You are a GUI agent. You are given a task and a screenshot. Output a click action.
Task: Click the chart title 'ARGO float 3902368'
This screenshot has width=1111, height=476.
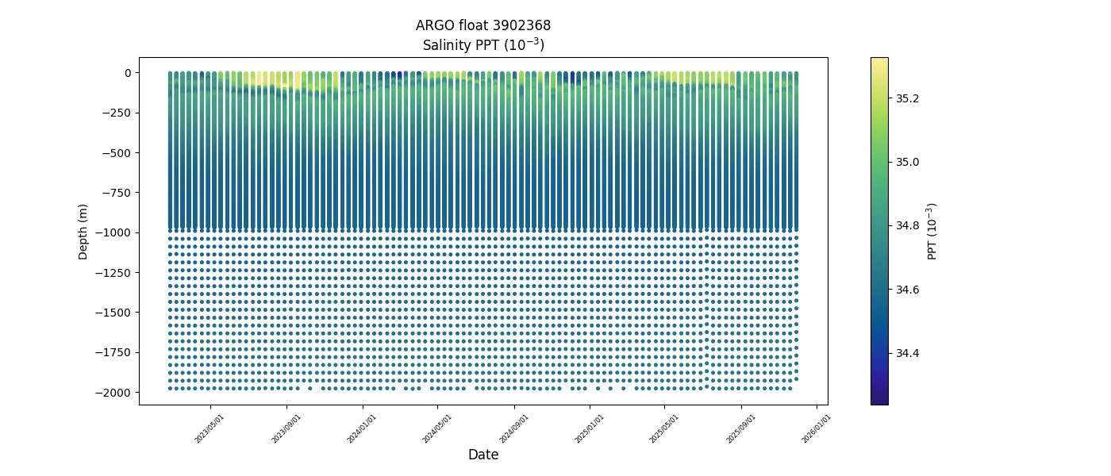[482, 25]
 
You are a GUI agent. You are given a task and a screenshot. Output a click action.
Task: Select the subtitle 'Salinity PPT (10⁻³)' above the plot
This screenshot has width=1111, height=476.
[482, 44]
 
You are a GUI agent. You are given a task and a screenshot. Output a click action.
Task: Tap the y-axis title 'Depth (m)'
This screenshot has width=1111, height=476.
[83, 231]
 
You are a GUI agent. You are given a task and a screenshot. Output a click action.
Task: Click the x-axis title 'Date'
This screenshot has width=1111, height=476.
[482, 455]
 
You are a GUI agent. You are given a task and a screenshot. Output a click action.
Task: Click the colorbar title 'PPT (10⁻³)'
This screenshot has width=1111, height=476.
[933, 231]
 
